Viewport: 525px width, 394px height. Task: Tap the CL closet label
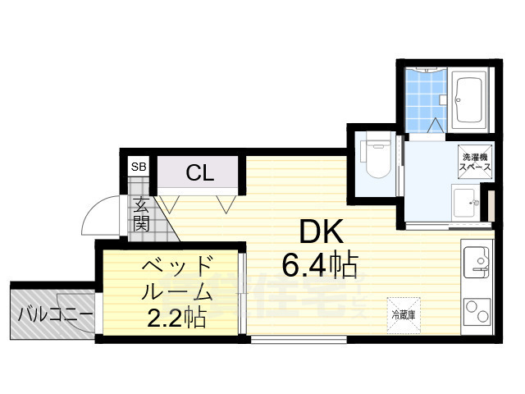coord(199,173)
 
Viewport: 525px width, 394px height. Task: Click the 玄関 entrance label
coord(141,214)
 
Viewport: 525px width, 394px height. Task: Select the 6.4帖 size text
coord(320,265)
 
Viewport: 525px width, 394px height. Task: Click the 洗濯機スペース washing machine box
coord(474,161)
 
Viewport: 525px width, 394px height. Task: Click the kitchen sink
coord(476,264)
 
